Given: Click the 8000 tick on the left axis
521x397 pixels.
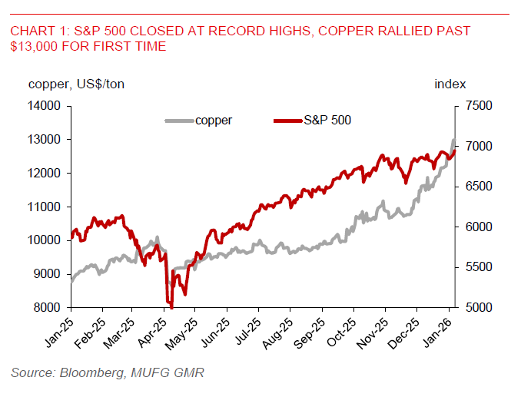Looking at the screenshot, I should pos(48,308).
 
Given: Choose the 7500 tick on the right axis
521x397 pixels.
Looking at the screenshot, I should pos(477,106).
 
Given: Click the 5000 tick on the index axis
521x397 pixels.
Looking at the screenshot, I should pos(477,308).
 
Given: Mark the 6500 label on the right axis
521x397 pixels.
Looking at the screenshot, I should pos(477,187).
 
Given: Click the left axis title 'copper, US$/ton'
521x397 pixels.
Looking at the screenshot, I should pos(76,84).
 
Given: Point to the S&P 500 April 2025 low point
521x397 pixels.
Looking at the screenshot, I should pos(171,306).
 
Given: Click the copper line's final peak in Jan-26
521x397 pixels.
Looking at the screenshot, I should pos(453,140).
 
